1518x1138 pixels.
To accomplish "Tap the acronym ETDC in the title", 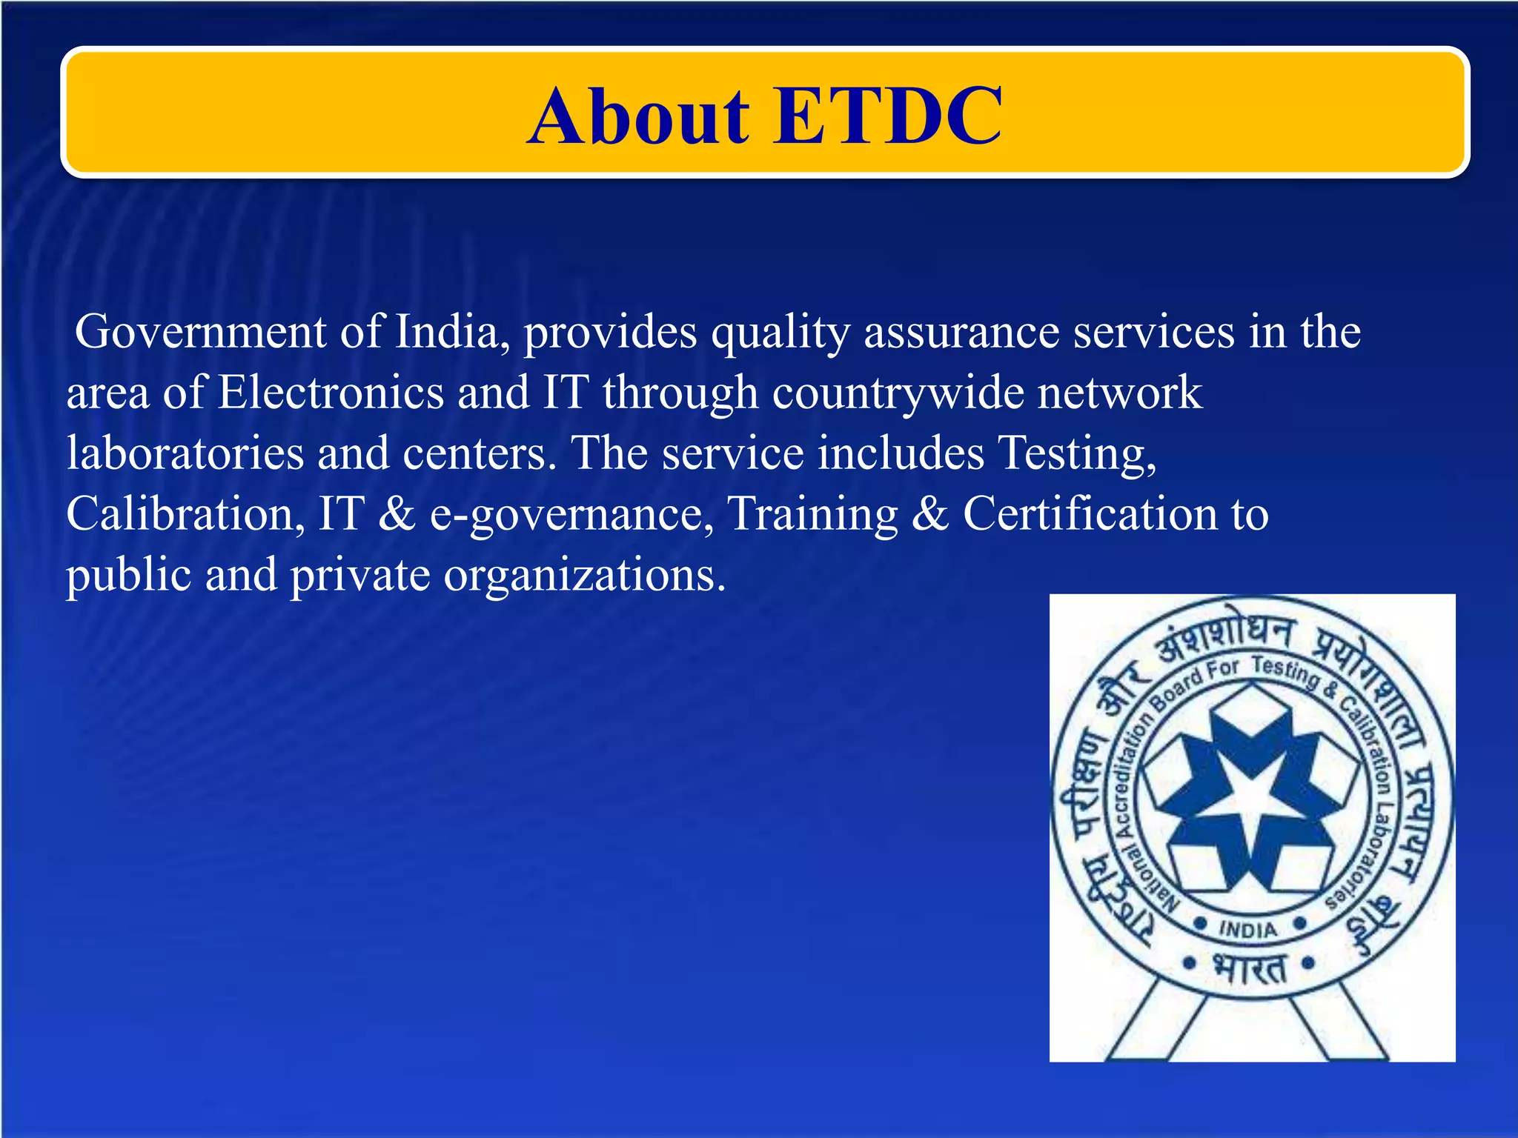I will coord(887,116).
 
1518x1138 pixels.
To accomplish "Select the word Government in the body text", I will coord(200,331).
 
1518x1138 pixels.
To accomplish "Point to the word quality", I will coord(780,333).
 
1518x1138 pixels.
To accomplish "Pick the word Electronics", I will coord(331,392).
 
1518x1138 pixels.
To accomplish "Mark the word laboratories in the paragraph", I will coord(185,453).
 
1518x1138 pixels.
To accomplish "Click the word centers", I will coord(479,453).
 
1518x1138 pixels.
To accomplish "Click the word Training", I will coord(812,515).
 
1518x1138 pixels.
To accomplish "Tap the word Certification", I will coord(1090,513).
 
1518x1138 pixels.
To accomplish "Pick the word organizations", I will coord(585,576).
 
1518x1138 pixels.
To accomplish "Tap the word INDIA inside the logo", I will coord(1248,929).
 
